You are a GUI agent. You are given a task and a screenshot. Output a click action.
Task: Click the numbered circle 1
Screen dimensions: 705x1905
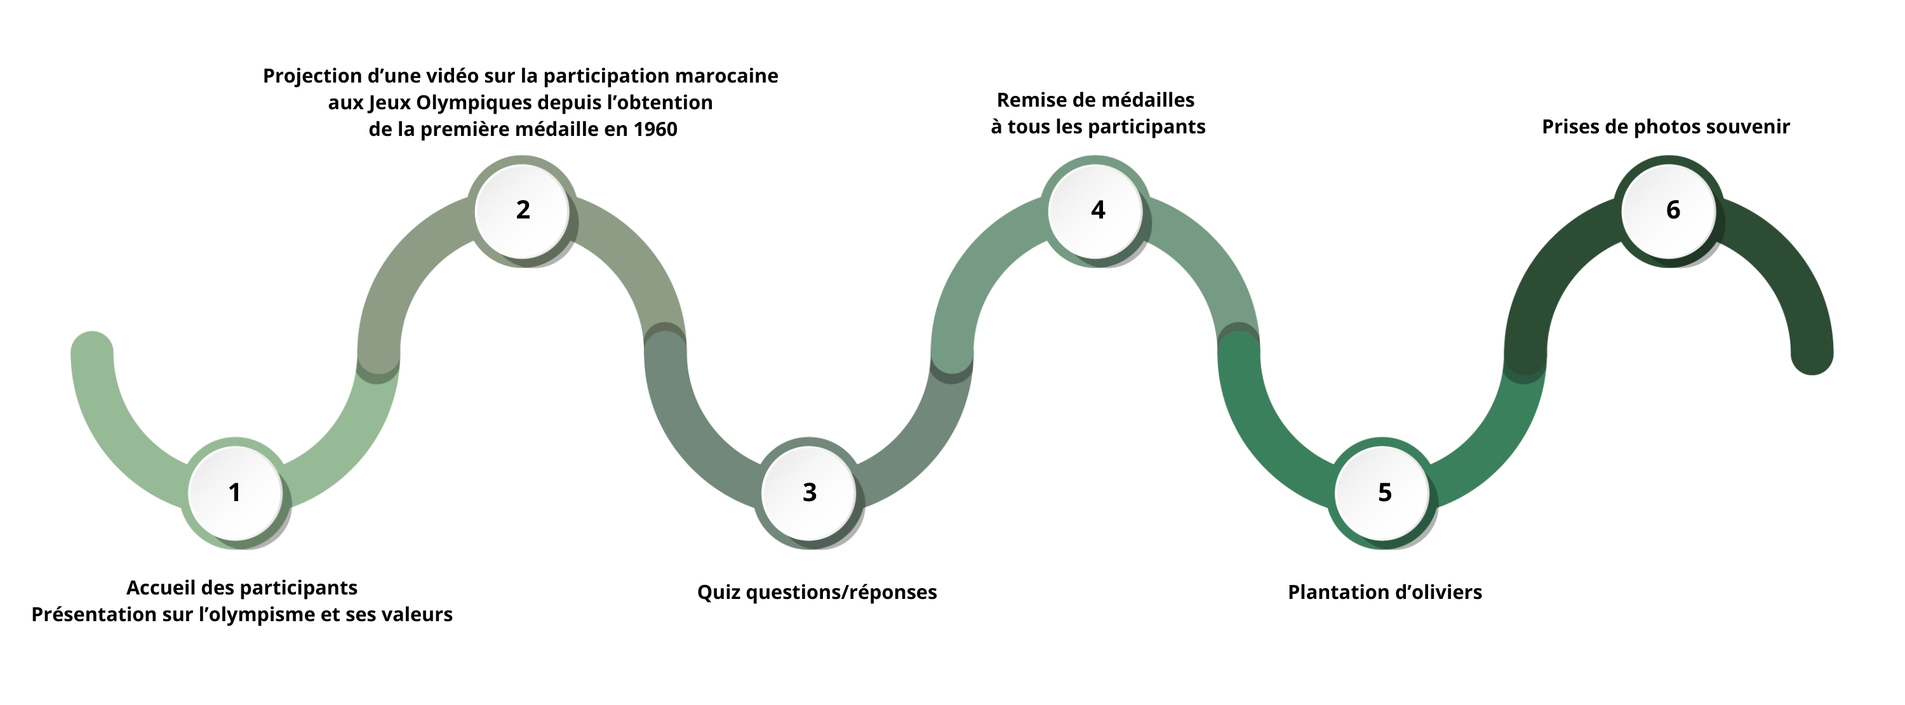[235, 493]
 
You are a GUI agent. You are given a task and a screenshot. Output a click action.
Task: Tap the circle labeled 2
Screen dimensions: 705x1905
[522, 210]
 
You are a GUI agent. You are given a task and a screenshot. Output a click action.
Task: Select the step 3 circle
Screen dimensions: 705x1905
[809, 493]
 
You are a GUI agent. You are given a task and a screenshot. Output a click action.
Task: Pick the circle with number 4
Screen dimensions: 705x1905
[1097, 210]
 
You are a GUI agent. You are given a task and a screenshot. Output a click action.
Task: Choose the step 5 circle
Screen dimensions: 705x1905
[1384, 493]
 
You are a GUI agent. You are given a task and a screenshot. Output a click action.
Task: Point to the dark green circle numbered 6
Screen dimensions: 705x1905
[1671, 210]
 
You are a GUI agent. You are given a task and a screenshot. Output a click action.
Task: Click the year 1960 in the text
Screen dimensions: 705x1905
[655, 130]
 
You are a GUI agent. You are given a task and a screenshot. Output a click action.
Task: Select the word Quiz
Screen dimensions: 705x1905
[719, 593]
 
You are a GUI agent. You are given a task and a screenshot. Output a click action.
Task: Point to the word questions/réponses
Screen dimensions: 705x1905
[841, 593]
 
